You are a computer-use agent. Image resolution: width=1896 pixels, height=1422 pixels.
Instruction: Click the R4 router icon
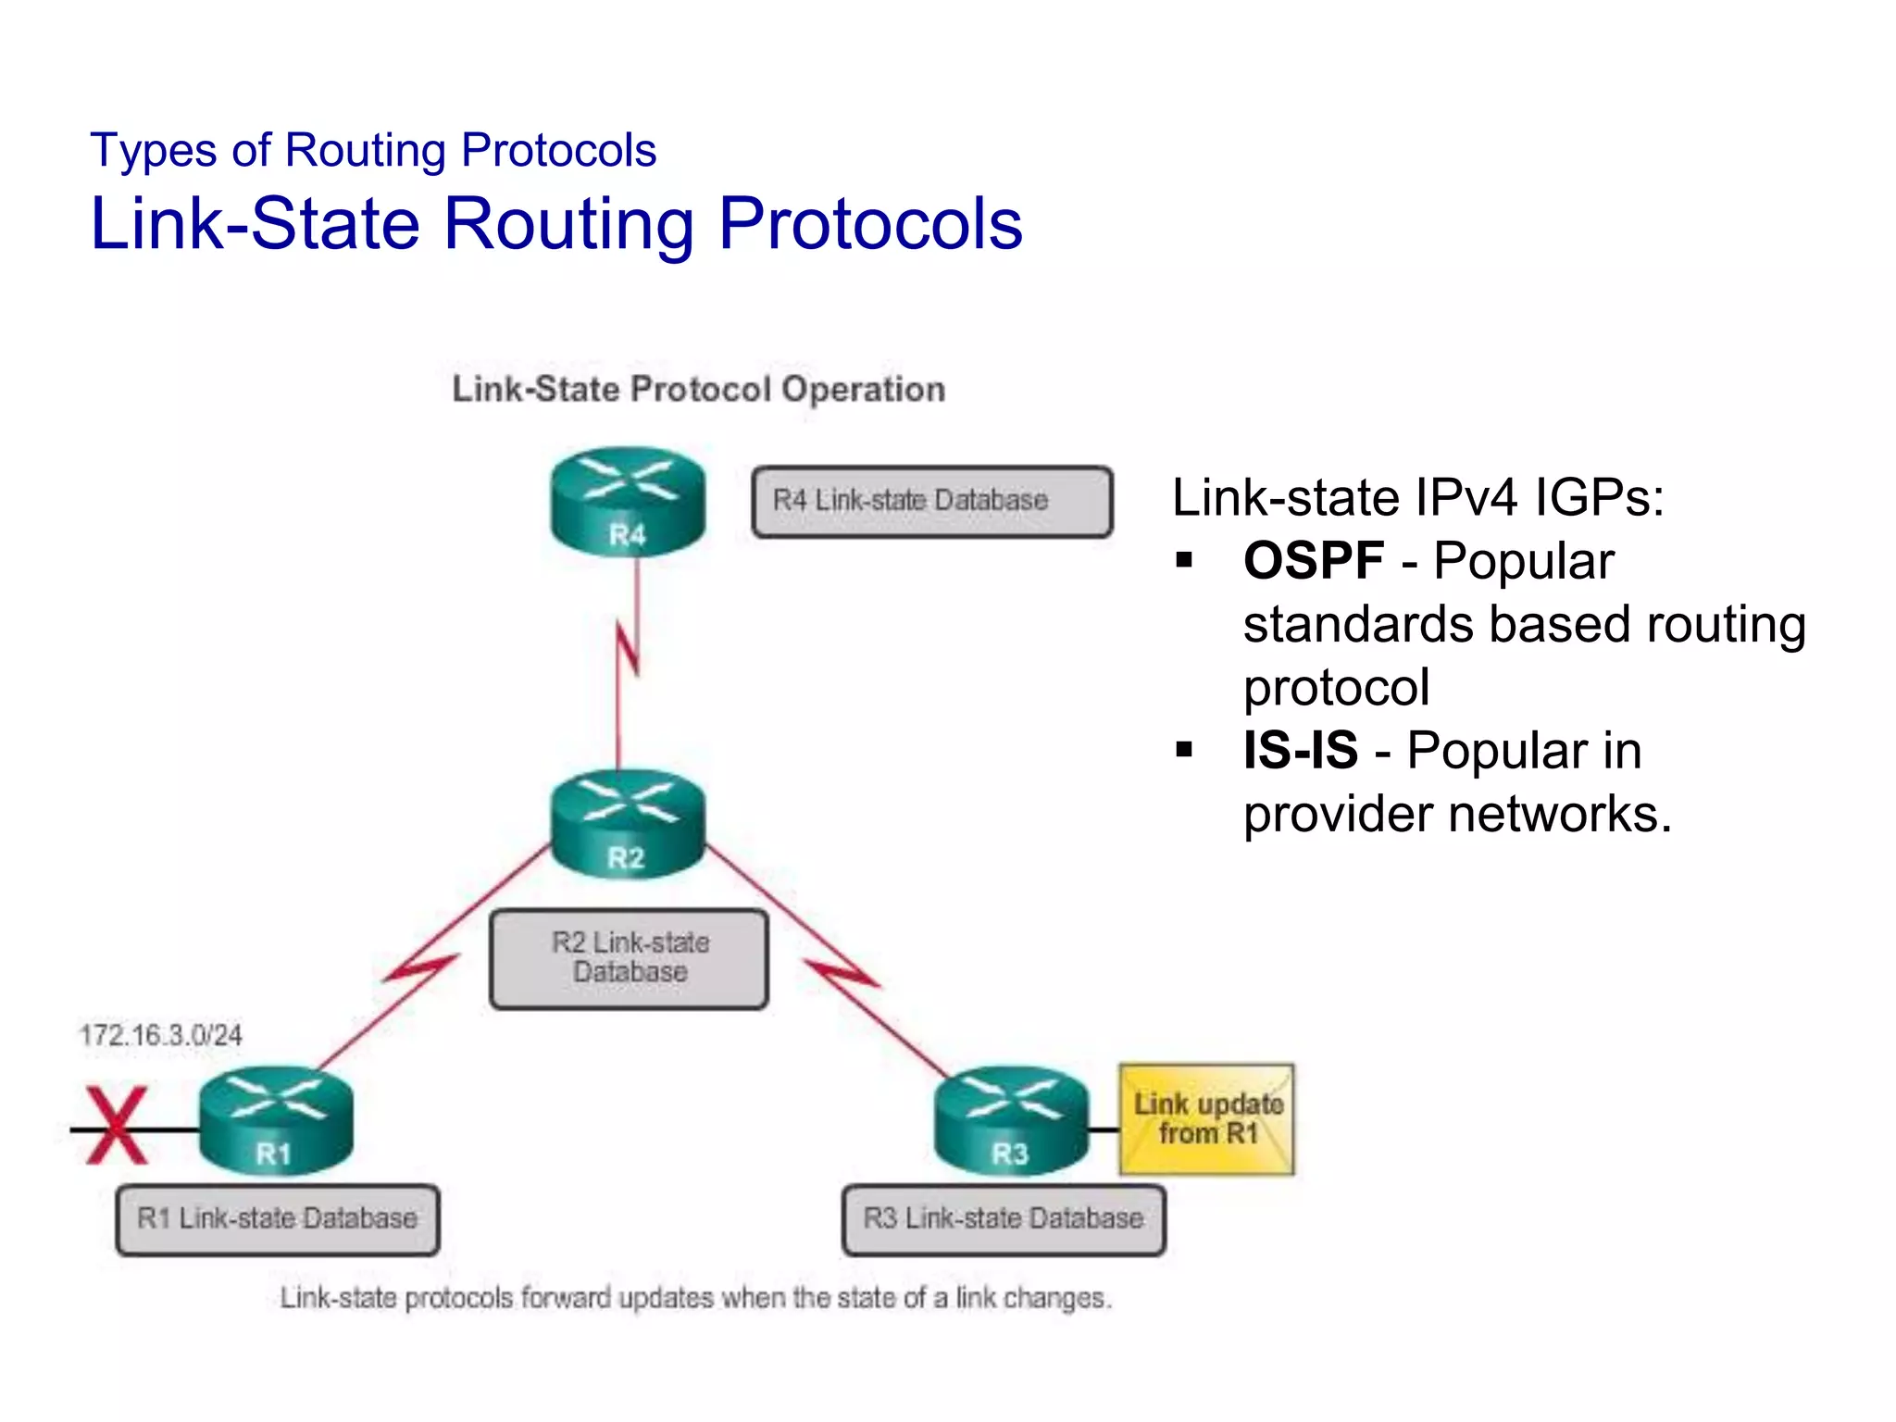click(628, 502)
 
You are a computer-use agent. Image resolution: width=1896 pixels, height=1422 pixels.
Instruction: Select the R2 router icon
click(628, 824)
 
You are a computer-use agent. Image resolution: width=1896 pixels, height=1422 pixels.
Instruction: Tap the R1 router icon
click(276, 1120)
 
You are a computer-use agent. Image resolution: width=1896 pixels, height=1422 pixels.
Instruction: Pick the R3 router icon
click(1011, 1120)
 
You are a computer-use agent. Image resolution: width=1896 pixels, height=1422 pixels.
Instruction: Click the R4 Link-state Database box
click(932, 502)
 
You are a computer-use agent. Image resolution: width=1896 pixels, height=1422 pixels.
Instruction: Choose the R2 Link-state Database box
click(630, 958)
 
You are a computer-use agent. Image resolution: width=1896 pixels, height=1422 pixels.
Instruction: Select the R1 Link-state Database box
click(277, 1219)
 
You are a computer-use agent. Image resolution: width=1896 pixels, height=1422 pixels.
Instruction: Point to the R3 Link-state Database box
click(1004, 1219)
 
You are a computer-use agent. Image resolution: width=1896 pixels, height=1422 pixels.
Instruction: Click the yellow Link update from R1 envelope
click(1207, 1119)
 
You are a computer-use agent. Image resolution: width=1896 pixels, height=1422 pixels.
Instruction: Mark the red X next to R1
click(117, 1125)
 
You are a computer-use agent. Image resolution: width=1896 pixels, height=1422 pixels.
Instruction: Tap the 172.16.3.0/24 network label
click(161, 1035)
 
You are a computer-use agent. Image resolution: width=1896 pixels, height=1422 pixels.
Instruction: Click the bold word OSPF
click(1314, 561)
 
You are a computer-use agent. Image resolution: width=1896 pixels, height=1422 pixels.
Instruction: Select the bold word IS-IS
click(1301, 751)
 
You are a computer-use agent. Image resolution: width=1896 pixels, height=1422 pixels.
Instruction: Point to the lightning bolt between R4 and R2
click(628, 648)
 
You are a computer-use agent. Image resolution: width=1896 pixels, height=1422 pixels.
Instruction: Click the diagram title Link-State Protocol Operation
click(699, 390)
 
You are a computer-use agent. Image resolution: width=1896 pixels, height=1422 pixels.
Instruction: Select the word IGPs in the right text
click(1600, 498)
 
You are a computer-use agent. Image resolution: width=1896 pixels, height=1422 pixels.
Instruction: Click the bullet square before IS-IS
click(1184, 749)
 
